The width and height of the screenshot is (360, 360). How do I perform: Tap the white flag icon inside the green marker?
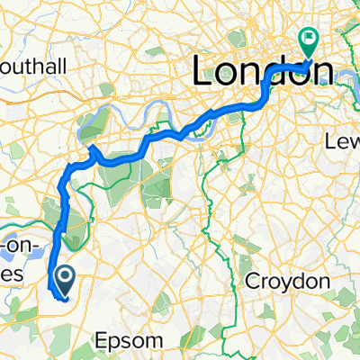310,39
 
